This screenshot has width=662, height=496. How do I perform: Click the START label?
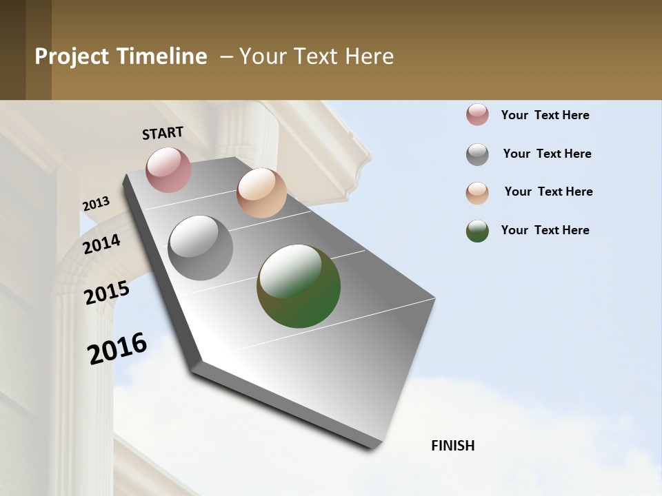163,133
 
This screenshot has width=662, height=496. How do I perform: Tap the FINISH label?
453,446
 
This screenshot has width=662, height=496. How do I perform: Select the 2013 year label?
97,204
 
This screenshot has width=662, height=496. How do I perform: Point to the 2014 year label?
102,244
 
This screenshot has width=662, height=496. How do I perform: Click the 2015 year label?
107,293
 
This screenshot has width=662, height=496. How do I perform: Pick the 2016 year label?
117,349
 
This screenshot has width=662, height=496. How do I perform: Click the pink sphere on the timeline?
168,169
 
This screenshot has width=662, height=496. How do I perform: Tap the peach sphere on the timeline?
261,193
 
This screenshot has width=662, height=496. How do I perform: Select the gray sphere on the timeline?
201,248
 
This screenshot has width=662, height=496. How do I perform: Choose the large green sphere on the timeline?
299,286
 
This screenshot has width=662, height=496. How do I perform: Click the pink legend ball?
477,115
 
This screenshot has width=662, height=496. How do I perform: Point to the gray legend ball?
477,154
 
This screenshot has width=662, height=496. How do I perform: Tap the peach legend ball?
477,193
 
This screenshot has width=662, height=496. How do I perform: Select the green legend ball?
477,231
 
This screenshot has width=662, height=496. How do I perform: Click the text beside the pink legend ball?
545,115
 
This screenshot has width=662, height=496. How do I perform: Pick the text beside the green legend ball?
545,230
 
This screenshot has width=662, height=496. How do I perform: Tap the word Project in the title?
72,56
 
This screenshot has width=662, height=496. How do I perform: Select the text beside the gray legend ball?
547,154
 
